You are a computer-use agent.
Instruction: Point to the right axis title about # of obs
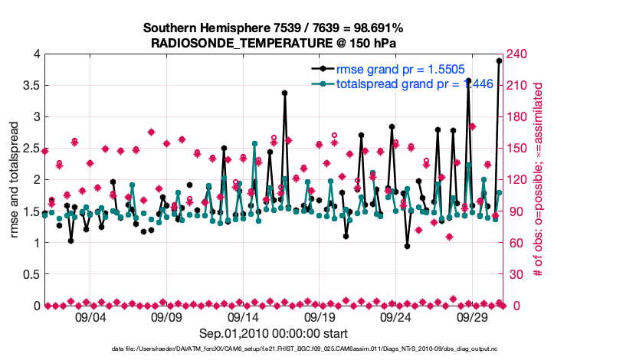538,180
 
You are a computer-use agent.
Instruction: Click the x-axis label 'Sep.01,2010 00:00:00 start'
274,333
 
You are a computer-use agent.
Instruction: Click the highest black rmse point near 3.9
499,61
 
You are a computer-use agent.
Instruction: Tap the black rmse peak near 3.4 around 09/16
284,93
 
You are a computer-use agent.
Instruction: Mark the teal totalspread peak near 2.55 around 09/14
254,143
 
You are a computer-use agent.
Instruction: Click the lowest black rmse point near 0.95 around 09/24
407,246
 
